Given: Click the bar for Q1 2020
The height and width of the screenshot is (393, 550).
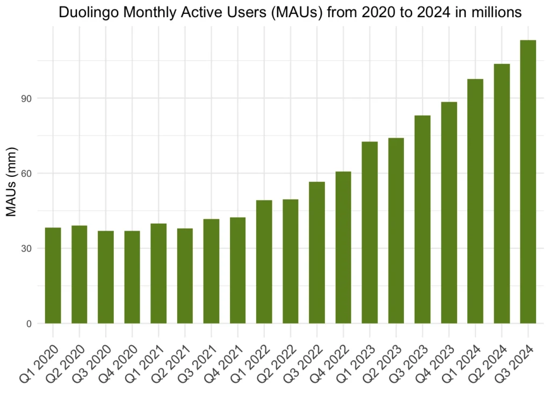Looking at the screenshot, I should point(53,275).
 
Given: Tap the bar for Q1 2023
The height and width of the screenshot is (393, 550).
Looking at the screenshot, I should point(370,232).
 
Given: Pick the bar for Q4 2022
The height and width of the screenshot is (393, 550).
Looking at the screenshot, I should point(343,247).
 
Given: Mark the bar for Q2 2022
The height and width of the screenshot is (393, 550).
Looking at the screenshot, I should point(291,261).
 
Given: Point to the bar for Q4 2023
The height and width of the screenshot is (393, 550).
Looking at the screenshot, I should point(449,212).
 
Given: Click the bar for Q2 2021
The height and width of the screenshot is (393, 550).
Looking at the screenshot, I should point(185,276).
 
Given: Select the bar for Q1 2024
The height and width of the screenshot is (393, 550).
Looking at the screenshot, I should point(475,201).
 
